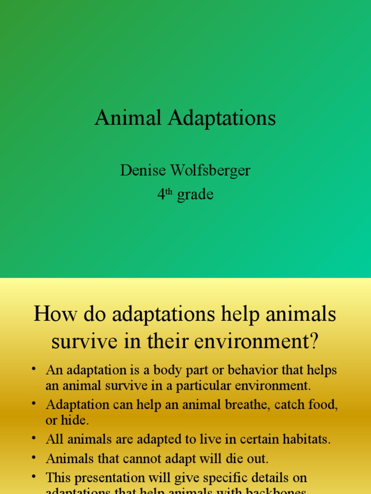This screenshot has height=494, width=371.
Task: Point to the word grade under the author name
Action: point(195,195)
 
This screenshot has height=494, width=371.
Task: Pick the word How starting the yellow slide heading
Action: point(52,315)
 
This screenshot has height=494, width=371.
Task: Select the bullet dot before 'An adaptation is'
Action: point(34,370)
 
